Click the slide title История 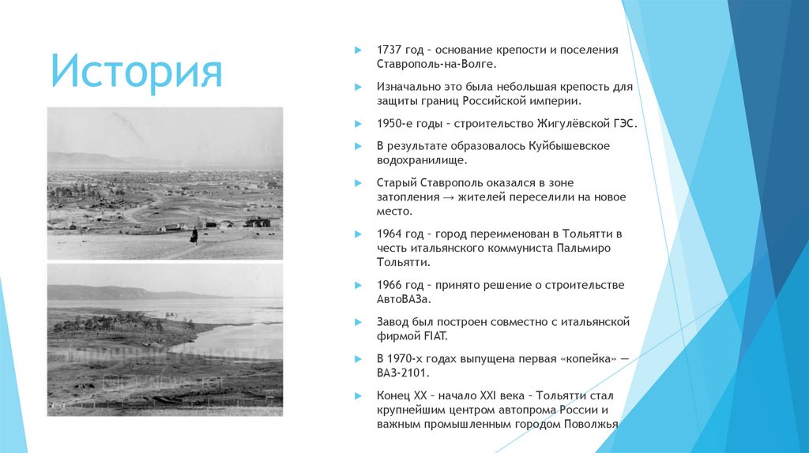tap(136, 72)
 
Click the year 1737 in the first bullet tap(390, 50)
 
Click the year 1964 tap(390, 234)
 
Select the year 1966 tap(390, 284)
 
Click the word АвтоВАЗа tap(405, 299)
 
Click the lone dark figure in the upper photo tap(193, 234)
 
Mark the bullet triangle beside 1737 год tap(359, 50)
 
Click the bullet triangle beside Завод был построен tap(359, 321)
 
